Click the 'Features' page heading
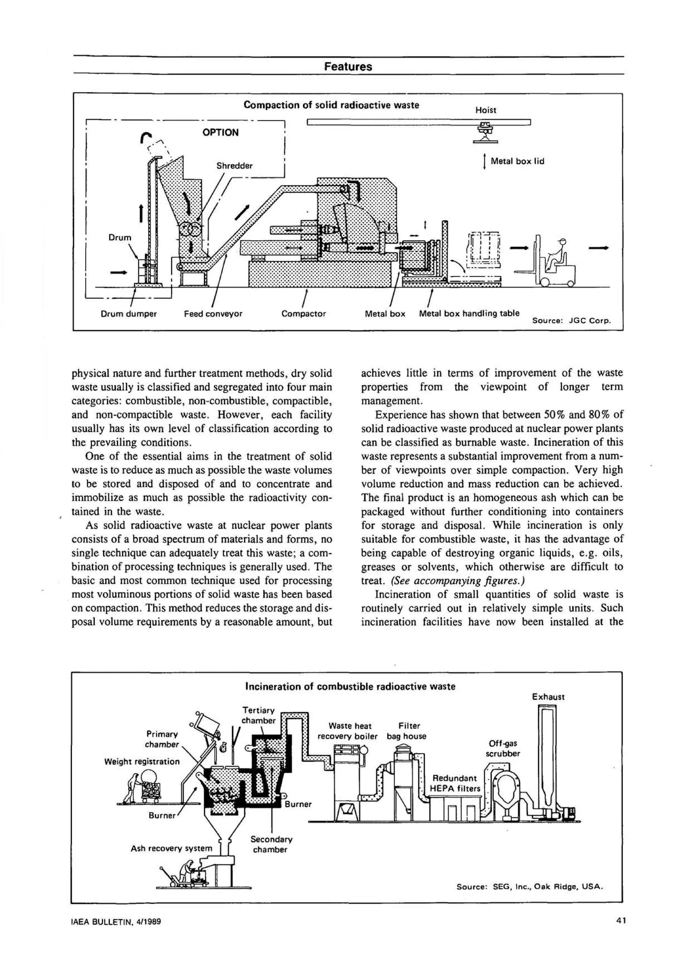pos(348,67)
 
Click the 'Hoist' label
pos(486,110)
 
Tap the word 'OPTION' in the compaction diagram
pos(220,132)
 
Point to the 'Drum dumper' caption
pos(129,314)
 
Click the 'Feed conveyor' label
pos(213,314)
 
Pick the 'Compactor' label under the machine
pos(304,314)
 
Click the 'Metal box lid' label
pos(517,161)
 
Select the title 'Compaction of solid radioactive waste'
pos(331,105)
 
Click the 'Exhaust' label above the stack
pos(548,697)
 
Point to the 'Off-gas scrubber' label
pos(503,748)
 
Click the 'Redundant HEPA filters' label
pos(454,784)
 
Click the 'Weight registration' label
pos(142,761)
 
